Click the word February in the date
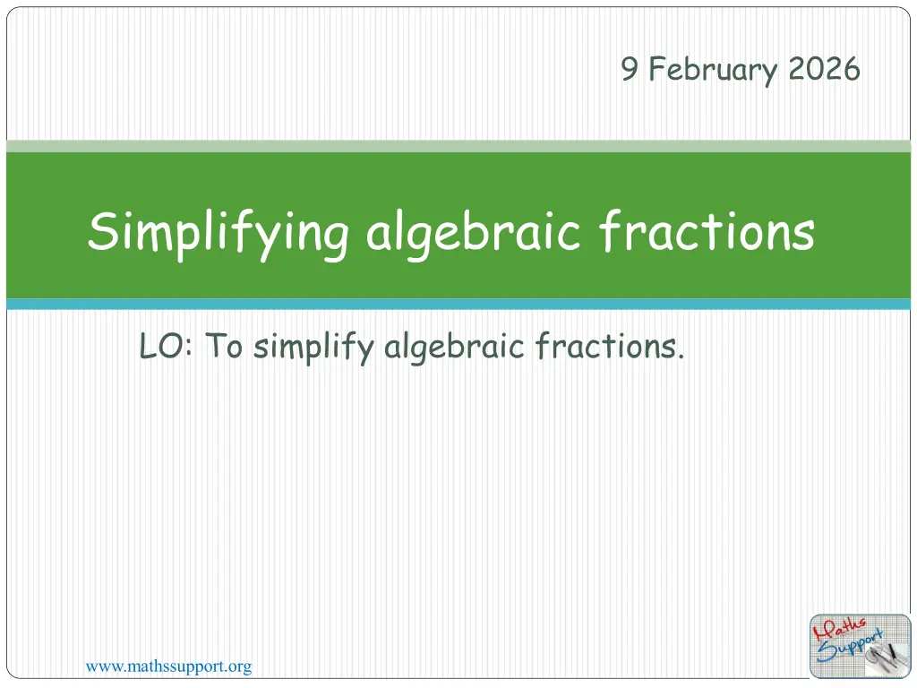click(714, 70)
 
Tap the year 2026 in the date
click(824, 68)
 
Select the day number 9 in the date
click(630, 68)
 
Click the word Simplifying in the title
click(219, 234)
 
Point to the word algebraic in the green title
click(473, 234)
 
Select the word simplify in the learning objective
click(313, 348)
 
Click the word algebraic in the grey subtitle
click(454, 348)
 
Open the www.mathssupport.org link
click(168, 666)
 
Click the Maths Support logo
click(861, 647)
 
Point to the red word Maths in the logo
click(839, 630)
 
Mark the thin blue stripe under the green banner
click(458, 305)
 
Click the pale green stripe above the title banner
click(458, 146)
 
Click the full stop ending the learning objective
click(681, 357)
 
